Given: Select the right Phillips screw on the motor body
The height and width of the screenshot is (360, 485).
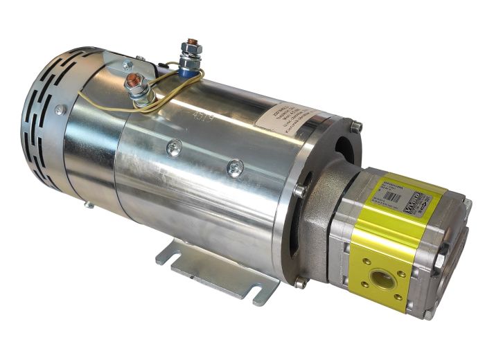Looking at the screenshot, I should pos(236,166).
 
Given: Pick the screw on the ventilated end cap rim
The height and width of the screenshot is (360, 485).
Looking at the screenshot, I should pos(60,109).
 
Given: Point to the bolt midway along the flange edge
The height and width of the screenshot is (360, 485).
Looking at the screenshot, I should pos(299,190).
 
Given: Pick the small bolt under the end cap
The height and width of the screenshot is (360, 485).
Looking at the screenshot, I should pos(89,204).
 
